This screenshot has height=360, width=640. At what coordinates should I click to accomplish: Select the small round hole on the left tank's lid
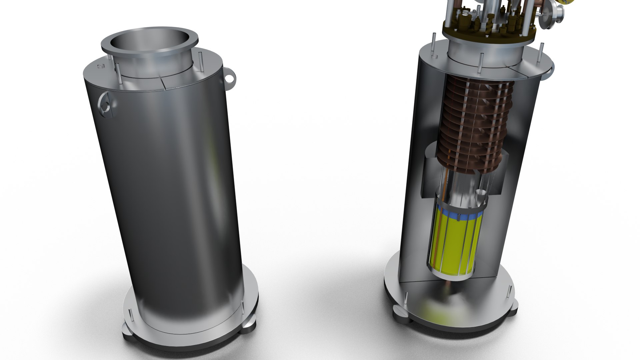pyautogui.click(x=100, y=67)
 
